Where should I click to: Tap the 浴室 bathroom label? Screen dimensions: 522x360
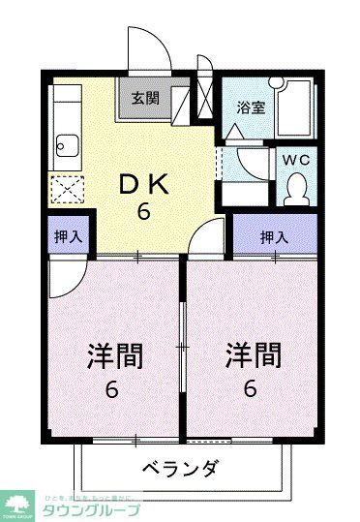click(x=252, y=107)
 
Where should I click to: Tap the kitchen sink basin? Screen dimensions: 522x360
click(x=69, y=148)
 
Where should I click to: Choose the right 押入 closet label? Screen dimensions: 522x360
click(x=274, y=235)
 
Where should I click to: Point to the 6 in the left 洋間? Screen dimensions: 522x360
click(x=113, y=391)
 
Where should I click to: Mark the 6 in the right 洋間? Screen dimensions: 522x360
click(x=251, y=391)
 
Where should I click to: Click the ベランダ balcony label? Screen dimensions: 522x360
click(x=180, y=470)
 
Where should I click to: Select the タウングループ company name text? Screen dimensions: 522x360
click(x=93, y=510)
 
